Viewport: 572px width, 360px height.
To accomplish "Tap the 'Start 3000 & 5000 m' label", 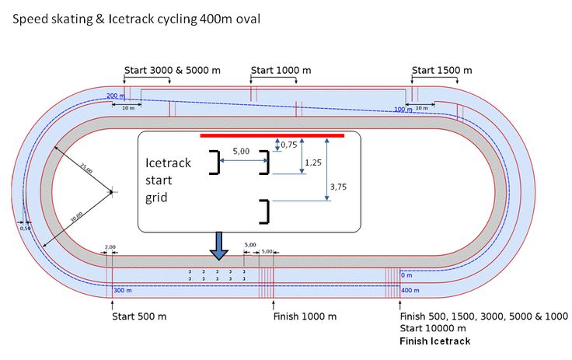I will (x=170, y=71).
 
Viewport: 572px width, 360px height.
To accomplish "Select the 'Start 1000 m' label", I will (x=281, y=71).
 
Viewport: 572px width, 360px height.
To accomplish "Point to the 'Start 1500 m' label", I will (x=441, y=71).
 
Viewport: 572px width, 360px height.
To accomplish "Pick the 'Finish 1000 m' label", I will (x=305, y=316).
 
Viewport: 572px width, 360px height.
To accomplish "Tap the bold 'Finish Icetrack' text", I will (x=434, y=341).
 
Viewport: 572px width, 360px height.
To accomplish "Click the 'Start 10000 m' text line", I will (x=434, y=329).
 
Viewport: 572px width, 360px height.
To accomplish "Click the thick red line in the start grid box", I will (x=272, y=135).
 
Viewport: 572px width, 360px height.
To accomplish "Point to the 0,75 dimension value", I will (x=288, y=144).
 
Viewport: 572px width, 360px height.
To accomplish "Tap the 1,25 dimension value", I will (x=313, y=163).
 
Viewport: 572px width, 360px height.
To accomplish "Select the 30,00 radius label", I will (x=75, y=218).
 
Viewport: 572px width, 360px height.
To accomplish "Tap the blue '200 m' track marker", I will (x=115, y=96).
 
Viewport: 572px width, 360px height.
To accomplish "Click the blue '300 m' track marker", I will (x=123, y=290).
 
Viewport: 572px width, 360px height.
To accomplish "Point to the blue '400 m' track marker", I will (x=409, y=290).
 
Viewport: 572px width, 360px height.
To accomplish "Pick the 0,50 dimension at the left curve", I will (x=25, y=228).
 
